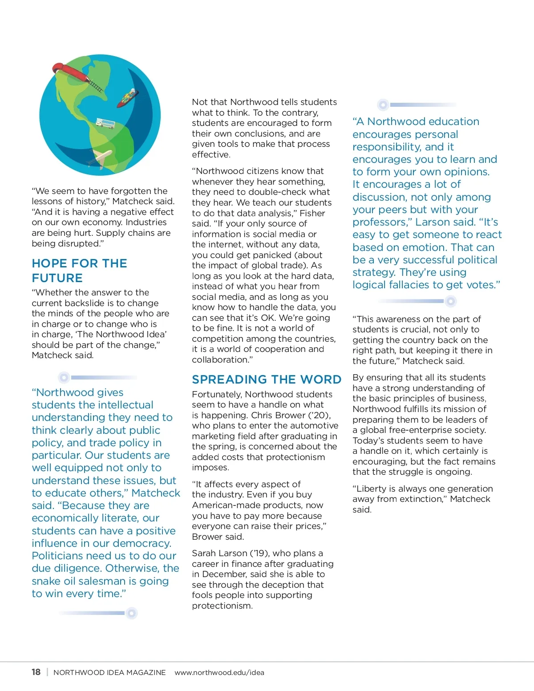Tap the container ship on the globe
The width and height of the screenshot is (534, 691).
126,98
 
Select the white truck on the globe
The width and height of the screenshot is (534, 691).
105,123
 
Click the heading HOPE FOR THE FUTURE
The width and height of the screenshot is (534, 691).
79,271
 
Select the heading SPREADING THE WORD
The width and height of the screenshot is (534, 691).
267,380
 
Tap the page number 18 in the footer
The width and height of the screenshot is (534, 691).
36,672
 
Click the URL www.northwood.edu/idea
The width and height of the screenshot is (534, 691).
219,673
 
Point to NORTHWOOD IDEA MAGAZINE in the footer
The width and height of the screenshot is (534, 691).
109,673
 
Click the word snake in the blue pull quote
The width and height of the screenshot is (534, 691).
47,581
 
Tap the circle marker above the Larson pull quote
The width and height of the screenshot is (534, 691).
383,105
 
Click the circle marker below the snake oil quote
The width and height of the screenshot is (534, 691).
131,613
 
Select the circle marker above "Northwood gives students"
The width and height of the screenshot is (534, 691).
64,378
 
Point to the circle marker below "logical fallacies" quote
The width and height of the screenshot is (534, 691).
451,301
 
